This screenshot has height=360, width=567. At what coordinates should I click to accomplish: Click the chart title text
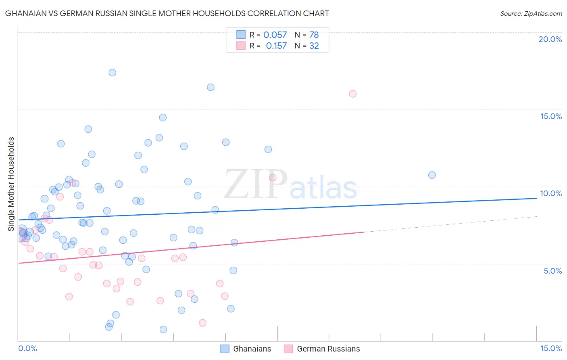(167, 13)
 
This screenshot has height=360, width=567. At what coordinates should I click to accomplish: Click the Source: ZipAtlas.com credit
(531, 13)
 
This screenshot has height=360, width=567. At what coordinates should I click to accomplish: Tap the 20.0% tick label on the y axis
(550, 39)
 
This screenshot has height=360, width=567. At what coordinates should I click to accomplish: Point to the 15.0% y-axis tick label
(551, 116)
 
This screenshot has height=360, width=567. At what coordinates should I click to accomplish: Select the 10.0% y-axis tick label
(551, 193)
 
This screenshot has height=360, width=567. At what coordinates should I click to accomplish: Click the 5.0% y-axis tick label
(552, 271)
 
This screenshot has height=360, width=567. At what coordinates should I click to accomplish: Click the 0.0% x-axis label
(27, 348)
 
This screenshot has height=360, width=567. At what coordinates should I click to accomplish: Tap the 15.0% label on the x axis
(551, 348)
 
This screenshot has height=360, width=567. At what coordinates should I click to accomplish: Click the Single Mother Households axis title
(11, 184)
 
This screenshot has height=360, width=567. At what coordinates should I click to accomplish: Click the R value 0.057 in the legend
(275, 35)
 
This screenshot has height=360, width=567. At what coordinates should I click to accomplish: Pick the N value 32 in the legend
(314, 46)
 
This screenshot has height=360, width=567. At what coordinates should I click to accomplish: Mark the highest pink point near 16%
(353, 94)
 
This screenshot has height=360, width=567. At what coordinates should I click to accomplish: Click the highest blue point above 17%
(113, 73)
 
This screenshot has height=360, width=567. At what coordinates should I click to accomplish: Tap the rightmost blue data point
(432, 175)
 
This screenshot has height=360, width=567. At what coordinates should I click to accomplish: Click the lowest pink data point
(203, 323)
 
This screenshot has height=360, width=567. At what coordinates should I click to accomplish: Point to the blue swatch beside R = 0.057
(241, 35)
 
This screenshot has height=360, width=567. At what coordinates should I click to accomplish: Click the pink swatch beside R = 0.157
(241, 46)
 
